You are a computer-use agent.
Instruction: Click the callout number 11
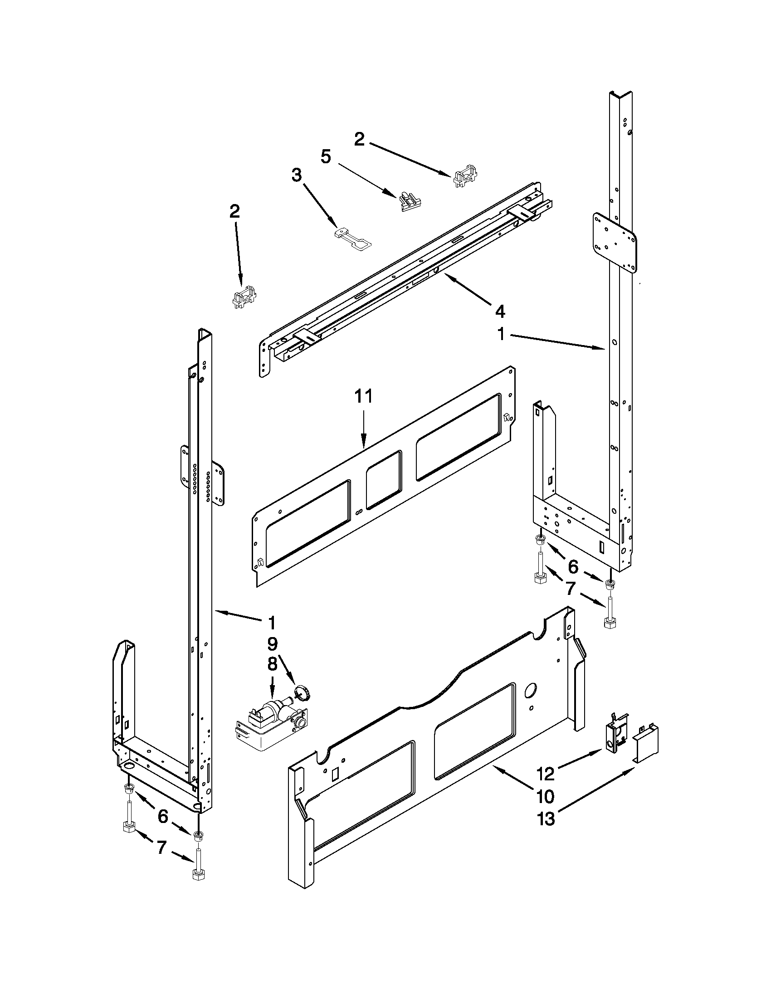pos(364,396)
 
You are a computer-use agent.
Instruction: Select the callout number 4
pos(500,312)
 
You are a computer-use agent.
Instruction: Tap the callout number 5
pos(325,157)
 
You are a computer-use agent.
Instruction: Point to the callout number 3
pos(297,175)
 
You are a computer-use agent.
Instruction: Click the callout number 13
pos(546,819)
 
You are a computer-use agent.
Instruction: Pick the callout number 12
pos(546,774)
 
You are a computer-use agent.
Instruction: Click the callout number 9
pos(272,644)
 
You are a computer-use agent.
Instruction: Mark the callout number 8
pos(272,664)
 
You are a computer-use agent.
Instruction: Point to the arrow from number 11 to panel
pos(364,427)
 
